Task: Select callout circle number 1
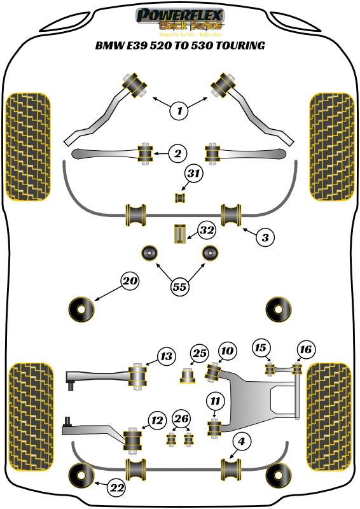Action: (x=179, y=111)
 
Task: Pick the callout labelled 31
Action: (x=194, y=173)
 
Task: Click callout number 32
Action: (x=205, y=230)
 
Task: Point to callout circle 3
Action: (x=266, y=237)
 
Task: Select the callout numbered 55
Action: (x=179, y=286)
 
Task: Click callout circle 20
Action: (x=130, y=281)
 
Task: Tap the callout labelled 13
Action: (x=166, y=356)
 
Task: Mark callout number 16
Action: (x=305, y=349)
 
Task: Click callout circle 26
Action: (x=181, y=419)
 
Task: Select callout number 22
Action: (x=116, y=488)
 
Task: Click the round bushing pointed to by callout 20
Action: (x=81, y=309)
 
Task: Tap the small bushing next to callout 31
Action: (x=180, y=198)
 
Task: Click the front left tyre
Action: (x=27, y=146)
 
